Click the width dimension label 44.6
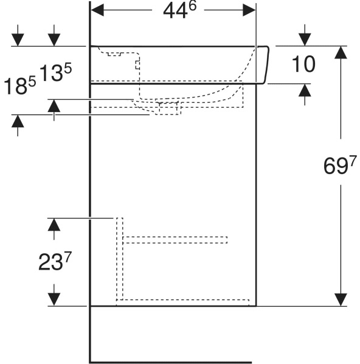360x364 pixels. coord(180,10)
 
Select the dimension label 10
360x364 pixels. coord(303,64)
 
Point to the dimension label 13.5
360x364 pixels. coord(56,72)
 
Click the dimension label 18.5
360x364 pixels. coord(20,85)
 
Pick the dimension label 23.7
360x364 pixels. coord(55,261)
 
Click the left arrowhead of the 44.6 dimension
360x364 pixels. coord(97,10)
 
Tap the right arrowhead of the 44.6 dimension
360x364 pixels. coord(249,10)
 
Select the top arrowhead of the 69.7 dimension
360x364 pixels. coord(341,52)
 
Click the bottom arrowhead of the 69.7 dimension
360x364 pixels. coord(341,299)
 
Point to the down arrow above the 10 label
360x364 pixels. coord(305,35)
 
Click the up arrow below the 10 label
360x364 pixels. coord(305,94)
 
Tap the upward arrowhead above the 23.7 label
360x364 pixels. coord(54,229)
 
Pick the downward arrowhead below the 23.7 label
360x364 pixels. coord(54,295)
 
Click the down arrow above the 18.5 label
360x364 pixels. coord(18,35)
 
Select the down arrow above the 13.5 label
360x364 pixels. coord(54,35)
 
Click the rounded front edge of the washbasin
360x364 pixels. coord(266,65)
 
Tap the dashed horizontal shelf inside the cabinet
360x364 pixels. coord(175,240)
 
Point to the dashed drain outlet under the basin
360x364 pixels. coord(168,108)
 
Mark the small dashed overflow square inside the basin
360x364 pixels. coord(138,65)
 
